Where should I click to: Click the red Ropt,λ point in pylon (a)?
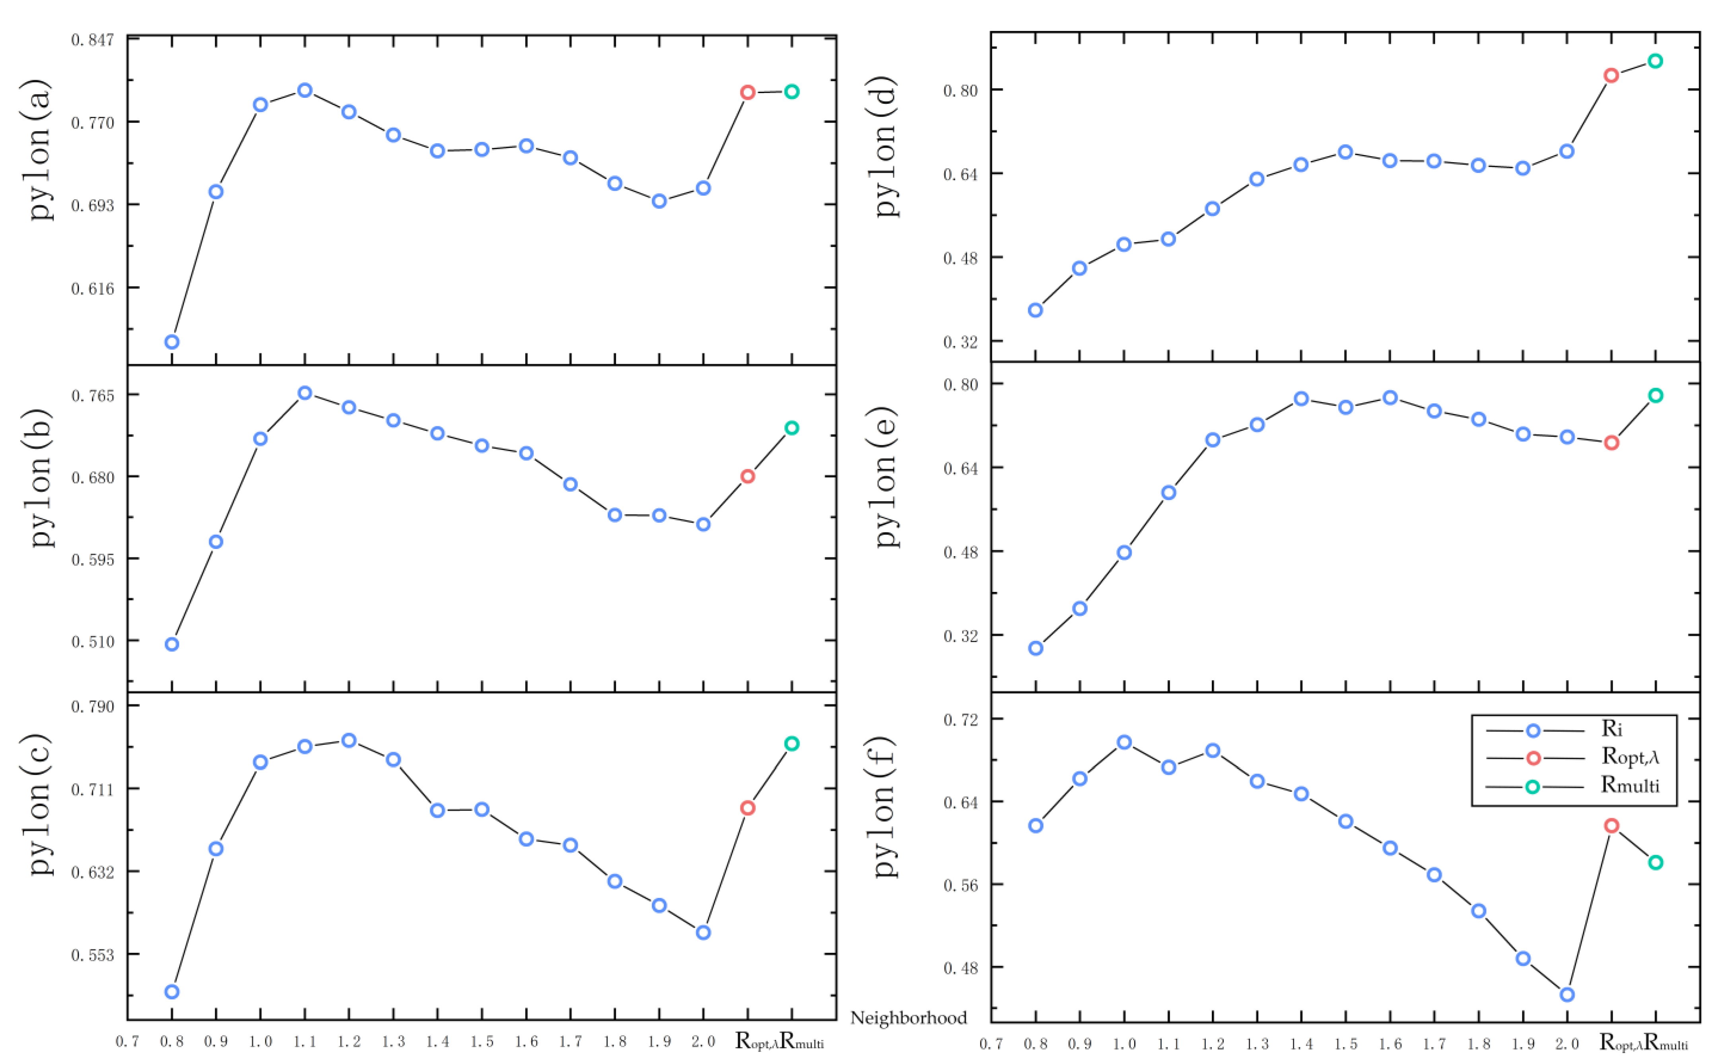748,92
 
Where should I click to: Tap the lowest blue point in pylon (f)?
1567,994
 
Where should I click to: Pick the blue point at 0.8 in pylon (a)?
171,342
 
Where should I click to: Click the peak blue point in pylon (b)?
305,393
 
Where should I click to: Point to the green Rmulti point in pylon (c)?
791,743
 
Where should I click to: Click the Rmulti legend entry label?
1629,785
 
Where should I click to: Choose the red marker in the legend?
1533,758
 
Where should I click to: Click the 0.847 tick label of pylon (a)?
92,39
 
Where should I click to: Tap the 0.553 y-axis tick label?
92,955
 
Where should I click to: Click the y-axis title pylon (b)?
41,478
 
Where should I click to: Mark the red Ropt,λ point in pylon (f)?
1611,825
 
